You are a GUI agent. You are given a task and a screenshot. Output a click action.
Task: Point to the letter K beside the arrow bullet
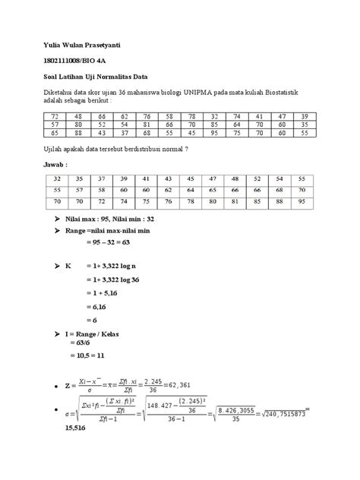click(x=70, y=268)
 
